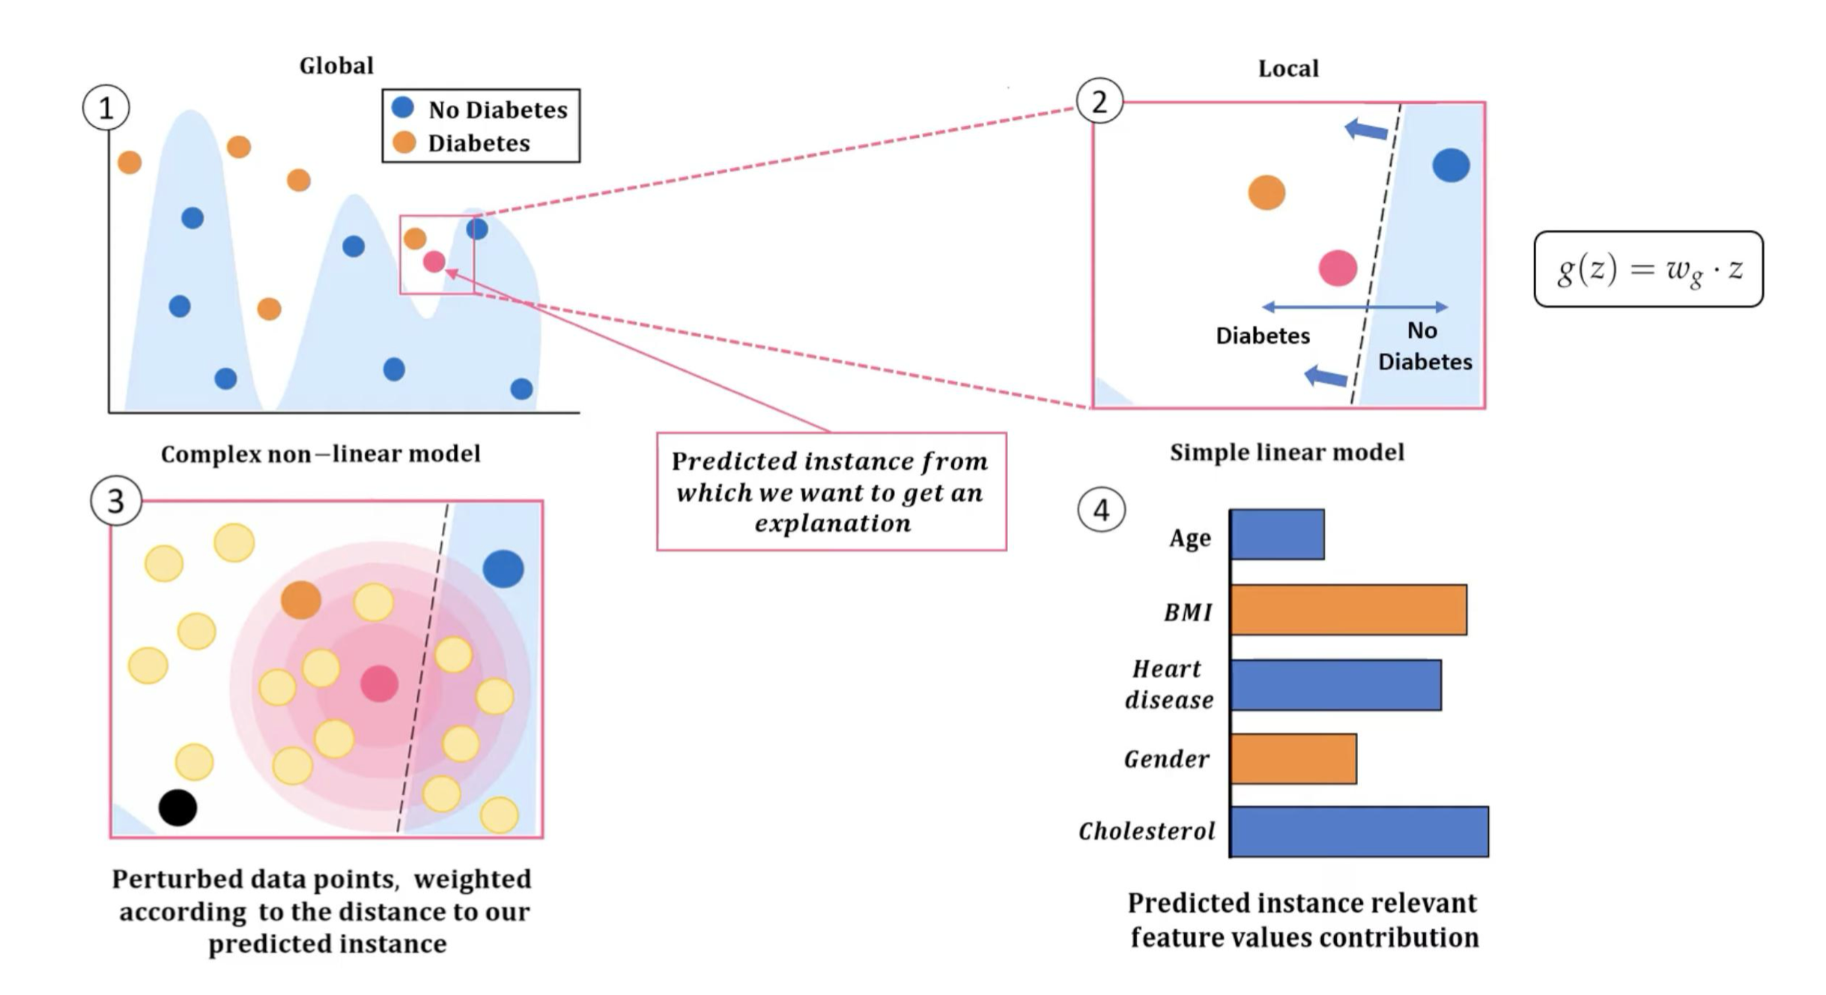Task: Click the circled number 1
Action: (106, 109)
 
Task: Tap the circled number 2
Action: (1099, 101)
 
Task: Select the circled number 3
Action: (116, 500)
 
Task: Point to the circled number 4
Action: (1101, 510)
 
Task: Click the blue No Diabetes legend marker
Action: (403, 108)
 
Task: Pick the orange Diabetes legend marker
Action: (404, 142)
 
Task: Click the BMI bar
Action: (1348, 610)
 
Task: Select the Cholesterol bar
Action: (1359, 832)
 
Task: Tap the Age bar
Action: (1277, 534)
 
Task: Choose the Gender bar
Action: (1293, 759)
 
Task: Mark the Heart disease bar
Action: (1335, 685)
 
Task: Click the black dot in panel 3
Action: (178, 808)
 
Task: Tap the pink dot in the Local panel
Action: (1338, 268)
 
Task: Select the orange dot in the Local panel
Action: (1267, 193)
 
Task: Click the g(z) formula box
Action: (1648, 269)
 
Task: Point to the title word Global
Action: (336, 66)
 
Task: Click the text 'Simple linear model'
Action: (1287, 453)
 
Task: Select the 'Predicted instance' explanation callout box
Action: (831, 492)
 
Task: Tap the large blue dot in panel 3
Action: (503, 569)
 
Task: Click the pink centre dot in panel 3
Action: (379, 683)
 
